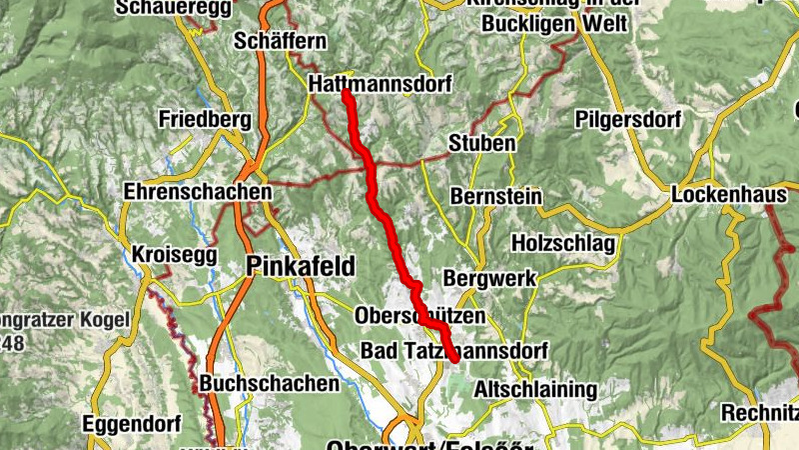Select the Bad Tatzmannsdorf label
pyautogui.click(x=454, y=352)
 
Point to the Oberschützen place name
pyautogui.click(x=419, y=316)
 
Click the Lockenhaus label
pyautogui.click(x=729, y=195)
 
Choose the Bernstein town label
pyautogui.click(x=496, y=197)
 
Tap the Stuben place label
pyautogui.click(x=482, y=143)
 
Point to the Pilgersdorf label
pyautogui.click(x=627, y=120)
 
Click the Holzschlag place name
pyautogui.click(x=563, y=243)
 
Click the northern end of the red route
pyautogui.click(x=346, y=93)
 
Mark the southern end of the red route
pyautogui.click(x=453, y=358)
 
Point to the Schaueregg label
pyautogui.click(x=174, y=8)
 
